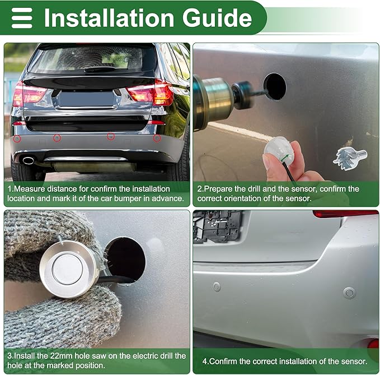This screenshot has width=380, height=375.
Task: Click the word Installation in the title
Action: pyautogui.click(x=109, y=17)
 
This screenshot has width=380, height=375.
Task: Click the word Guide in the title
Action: pyautogui.click(x=217, y=17)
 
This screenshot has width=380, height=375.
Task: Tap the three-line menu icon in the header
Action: pyautogui.click(x=22, y=18)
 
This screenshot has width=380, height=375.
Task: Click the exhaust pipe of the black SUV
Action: pyautogui.click(x=28, y=160)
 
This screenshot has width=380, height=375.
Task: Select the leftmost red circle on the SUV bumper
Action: pyautogui.click(x=17, y=139)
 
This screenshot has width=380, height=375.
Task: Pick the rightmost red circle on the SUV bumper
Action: pyautogui.click(x=157, y=138)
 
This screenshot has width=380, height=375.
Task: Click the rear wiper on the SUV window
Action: pyautogui.click(x=100, y=70)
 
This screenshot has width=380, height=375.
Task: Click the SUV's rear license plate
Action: pyautogui.click(x=86, y=99)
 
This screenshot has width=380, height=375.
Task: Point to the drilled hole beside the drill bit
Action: pyautogui.click(x=275, y=87)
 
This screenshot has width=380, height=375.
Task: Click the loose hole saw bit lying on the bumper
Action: pyautogui.click(x=350, y=158)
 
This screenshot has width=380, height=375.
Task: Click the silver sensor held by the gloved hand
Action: pyautogui.click(x=69, y=270)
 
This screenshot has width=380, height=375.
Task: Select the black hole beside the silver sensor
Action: pyautogui.click(x=125, y=259)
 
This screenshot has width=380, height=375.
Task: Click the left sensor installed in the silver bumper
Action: pyautogui.click(x=217, y=286)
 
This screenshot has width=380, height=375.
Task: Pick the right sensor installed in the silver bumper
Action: pyautogui.click(x=349, y=293)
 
